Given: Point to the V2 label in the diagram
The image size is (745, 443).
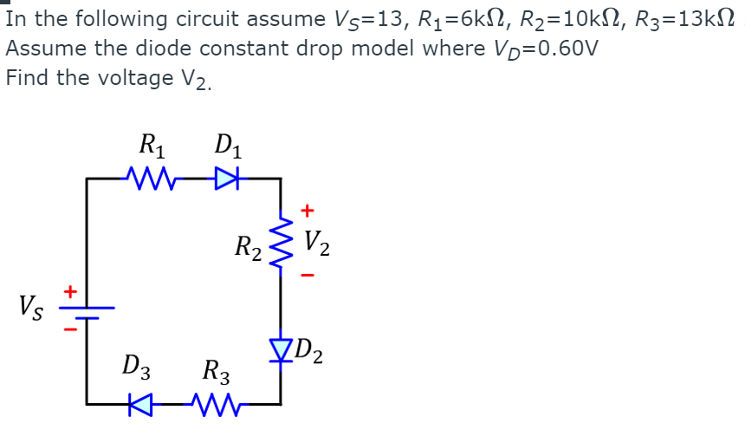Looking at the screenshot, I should [x=316, y=244].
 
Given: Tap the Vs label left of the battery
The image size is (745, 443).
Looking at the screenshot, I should [x=29, y=306].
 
